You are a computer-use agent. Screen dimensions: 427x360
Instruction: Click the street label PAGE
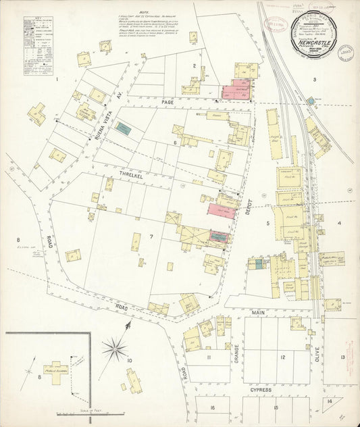(x=168, y=102)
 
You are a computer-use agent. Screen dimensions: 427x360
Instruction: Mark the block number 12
(x=283, y=357)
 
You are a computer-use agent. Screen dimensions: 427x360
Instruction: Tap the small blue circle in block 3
(x=310, y=101)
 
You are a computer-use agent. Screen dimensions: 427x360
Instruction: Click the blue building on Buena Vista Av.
(x=123, y=126)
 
